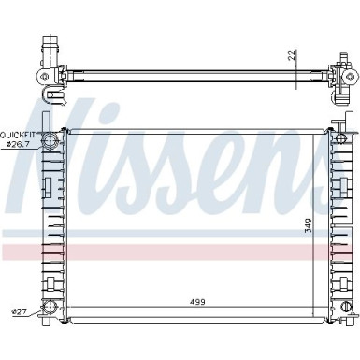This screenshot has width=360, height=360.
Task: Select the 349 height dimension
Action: click(x=308, y=225)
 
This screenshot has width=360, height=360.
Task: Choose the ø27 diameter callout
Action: click(x=19, y=311)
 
